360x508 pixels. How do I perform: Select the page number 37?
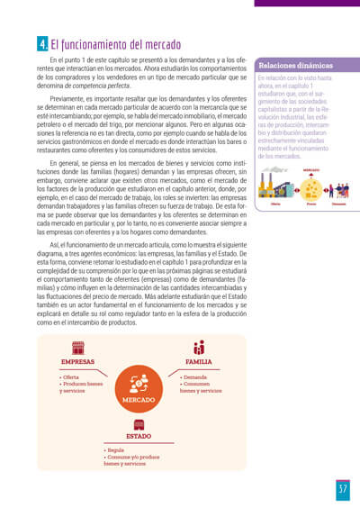point(342,488)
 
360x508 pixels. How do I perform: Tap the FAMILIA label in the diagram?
point(199,362)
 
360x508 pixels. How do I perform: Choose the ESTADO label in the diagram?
point(138,435)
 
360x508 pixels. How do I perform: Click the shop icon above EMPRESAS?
point(77,347)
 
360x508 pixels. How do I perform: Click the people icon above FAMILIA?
point(199,347)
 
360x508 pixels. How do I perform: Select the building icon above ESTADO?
point(138,422)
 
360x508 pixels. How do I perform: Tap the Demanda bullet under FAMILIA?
point(196,376)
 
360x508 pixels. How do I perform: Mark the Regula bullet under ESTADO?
point(115,449)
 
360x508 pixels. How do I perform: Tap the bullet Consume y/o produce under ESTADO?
point(136,456)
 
